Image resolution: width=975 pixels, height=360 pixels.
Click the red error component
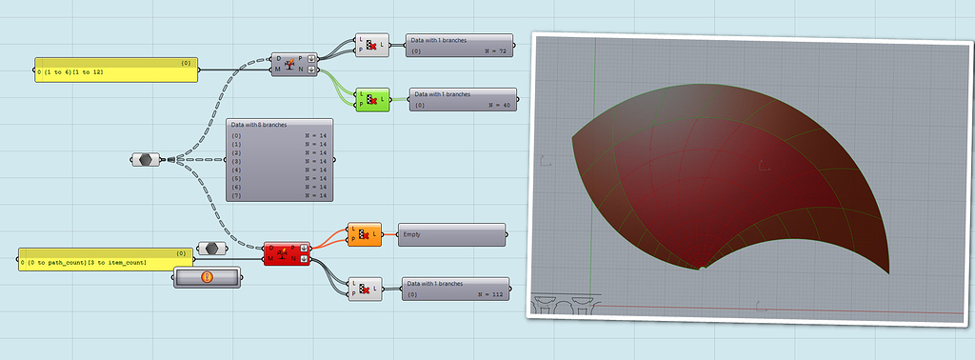[286, 254]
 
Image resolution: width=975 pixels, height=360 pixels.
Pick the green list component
[372, 97]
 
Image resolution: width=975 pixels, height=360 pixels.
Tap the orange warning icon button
[206, 277]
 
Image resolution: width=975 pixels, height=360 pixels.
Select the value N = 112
[491, 294]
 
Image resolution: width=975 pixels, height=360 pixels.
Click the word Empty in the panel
[412, 233]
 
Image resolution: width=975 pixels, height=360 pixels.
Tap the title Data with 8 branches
[260, 125]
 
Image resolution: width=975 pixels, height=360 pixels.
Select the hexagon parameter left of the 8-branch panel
[145, 160]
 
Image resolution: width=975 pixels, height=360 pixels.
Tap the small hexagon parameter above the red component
[211, 248]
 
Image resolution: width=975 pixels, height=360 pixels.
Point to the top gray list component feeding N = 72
[369, 45]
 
